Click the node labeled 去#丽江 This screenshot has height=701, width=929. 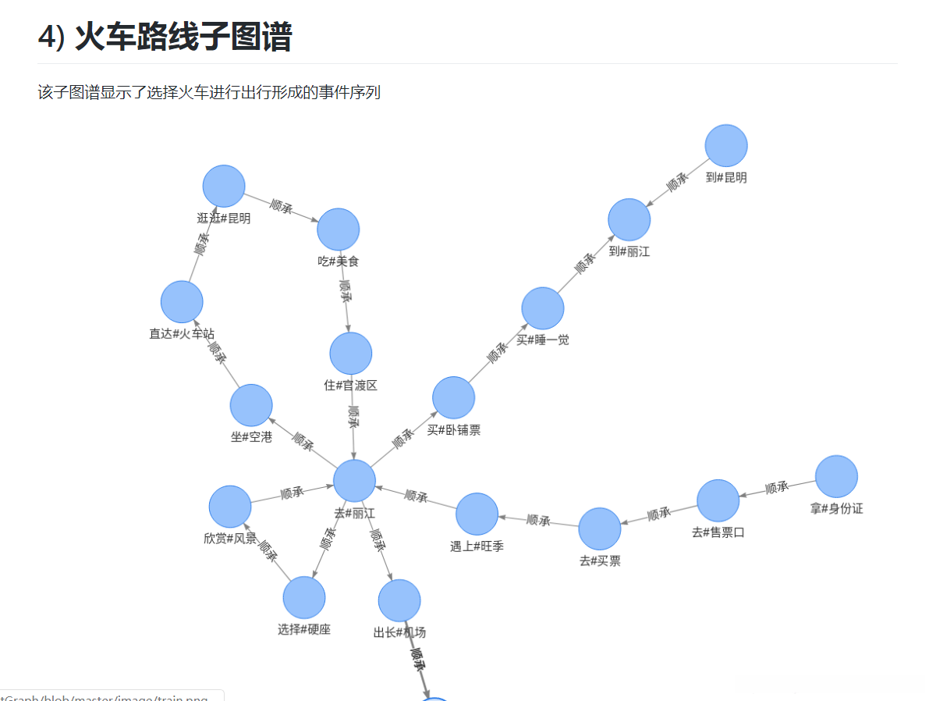355,480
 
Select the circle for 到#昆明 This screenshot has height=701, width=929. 726,145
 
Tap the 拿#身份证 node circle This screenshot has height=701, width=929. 836,476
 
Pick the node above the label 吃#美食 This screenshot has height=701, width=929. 338,229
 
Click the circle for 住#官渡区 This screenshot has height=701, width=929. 351,353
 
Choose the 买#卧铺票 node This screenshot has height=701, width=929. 453,397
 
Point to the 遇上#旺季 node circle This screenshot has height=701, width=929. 477,514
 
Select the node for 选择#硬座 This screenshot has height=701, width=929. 304,597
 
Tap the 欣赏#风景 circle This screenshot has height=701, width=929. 230,506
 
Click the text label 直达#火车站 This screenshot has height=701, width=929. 182,333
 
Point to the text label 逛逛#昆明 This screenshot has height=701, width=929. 224,218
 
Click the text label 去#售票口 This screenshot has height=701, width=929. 718,532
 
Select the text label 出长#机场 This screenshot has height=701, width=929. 399,632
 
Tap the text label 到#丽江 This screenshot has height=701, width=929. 629,251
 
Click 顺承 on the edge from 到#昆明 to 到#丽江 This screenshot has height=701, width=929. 677,183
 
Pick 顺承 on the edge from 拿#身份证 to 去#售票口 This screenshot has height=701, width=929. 777,488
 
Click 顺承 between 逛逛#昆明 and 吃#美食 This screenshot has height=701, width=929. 281,207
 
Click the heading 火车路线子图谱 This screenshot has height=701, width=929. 183,37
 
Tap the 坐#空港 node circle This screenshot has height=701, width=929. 251,405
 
